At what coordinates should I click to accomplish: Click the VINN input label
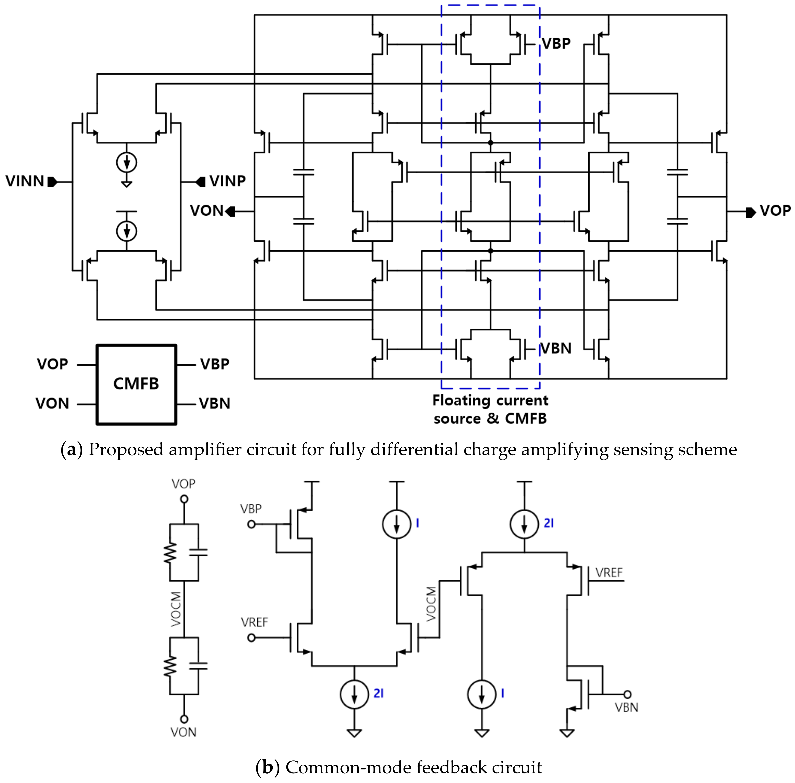click(25, 181)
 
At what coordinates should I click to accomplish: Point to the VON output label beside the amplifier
click(206, 211)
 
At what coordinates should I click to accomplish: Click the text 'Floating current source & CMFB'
click(490, 409)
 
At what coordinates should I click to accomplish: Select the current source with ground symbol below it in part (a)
click(127, 163)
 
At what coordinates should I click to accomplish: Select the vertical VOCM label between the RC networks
click(176, 609)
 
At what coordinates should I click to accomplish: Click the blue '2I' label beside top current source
click(549, 523)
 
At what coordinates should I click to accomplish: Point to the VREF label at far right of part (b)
click(609, 573)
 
